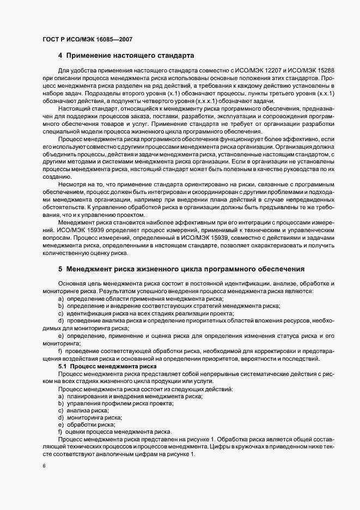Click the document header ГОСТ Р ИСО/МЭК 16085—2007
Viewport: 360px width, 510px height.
click(x=87, y=39)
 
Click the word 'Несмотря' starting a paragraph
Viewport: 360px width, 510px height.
click(x=71, y=185)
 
